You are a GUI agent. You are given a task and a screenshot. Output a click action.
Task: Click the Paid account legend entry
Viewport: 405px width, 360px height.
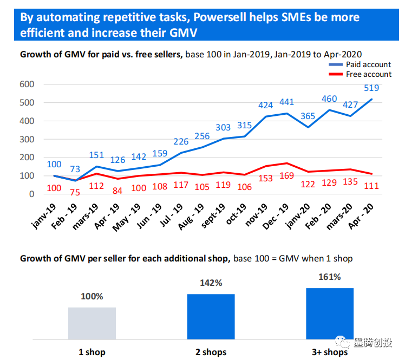pos(368,65)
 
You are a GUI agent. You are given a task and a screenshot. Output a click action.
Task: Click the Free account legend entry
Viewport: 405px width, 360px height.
pos(368,74)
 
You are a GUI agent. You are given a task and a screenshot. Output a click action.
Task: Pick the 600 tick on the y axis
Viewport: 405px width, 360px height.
pos(27,84)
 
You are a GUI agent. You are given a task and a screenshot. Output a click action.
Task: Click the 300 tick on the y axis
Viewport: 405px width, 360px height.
pos(27,139)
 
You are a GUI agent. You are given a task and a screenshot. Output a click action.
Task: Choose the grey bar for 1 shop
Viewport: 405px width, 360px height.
pos(92,323)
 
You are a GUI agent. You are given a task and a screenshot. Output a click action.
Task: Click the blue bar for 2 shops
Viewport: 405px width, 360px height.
pos(211,317)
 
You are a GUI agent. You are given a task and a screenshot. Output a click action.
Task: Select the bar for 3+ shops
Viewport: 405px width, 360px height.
pos(329,313)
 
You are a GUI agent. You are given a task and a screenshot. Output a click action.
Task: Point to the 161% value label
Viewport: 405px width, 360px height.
pos(329,277)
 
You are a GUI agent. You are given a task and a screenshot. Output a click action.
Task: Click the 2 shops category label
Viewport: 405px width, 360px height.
pos(211,352)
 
